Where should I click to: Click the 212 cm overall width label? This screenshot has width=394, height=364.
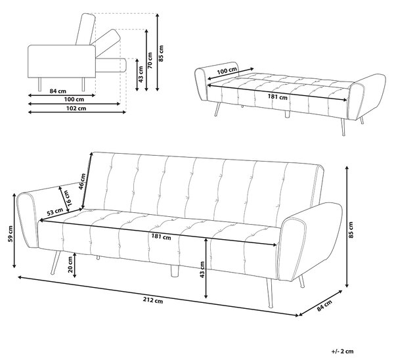pos(153,300)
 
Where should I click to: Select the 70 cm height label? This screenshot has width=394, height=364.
pos(150,60)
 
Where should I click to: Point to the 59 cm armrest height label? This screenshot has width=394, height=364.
pos(11,234)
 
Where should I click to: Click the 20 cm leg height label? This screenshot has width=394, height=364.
pos(70,265)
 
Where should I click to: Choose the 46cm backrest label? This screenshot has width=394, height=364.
pos(83,181)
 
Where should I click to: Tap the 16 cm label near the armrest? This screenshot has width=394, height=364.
pos(67,197)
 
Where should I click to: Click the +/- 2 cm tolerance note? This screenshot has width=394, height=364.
pos(342,351)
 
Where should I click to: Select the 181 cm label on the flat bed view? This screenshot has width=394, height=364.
pos(277,97)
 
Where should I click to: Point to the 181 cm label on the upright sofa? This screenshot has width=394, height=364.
pos(161,237)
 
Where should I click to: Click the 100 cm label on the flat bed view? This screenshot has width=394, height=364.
pos(227,71)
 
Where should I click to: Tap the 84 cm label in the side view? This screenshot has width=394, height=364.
pos(58,91)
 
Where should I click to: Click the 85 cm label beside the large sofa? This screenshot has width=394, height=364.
pos(351,230)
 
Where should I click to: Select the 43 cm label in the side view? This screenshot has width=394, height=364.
pos(141,74)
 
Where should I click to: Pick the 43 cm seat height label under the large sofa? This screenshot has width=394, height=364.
pos(202,269)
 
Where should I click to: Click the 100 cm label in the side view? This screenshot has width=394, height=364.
pos(74,99)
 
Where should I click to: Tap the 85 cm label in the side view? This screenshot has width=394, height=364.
pos(161,53)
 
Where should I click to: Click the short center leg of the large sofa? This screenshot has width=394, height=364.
pos(174,271)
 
